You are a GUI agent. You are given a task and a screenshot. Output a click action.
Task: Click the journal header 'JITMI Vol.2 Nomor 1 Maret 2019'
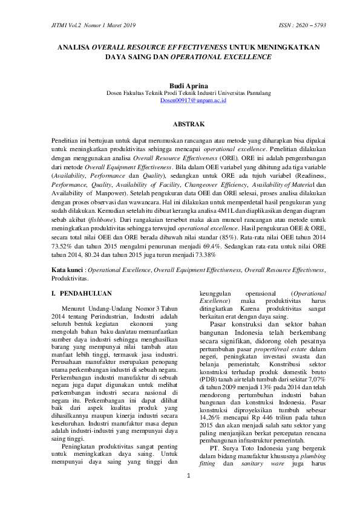86,26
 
